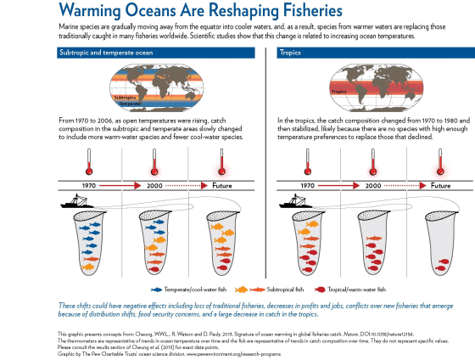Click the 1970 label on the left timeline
coord(89,183)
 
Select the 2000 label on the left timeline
coord(154,183)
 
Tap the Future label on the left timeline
coord(222,183)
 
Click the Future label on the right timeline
coord(439,183)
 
